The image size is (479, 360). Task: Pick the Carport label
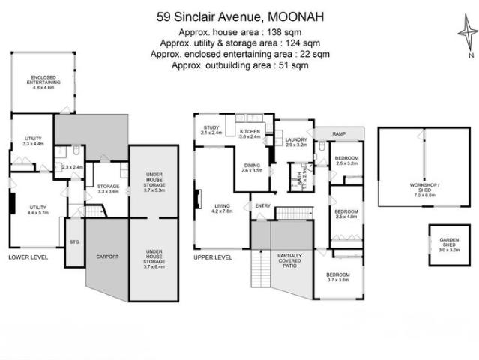coord(108,256)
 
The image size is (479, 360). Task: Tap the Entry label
coord(262,205)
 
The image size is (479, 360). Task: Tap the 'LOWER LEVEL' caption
coord(28,256)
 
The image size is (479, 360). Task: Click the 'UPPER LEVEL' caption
coord(211,256)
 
